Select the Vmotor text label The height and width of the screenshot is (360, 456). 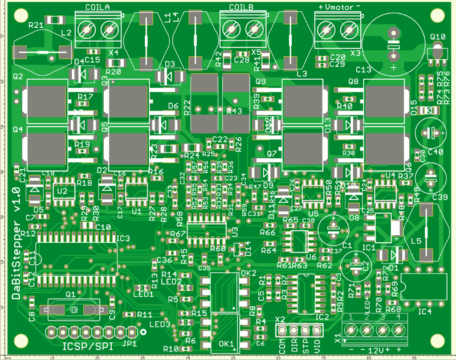(339, 6)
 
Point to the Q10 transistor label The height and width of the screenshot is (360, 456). (438, 38)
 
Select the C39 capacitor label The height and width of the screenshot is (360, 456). (441, 197)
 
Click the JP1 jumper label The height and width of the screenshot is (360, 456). (129, 344)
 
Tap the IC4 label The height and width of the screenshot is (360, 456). (425, 311)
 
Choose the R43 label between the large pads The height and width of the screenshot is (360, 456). (234, 111)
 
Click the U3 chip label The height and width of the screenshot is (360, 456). (235, 232)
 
